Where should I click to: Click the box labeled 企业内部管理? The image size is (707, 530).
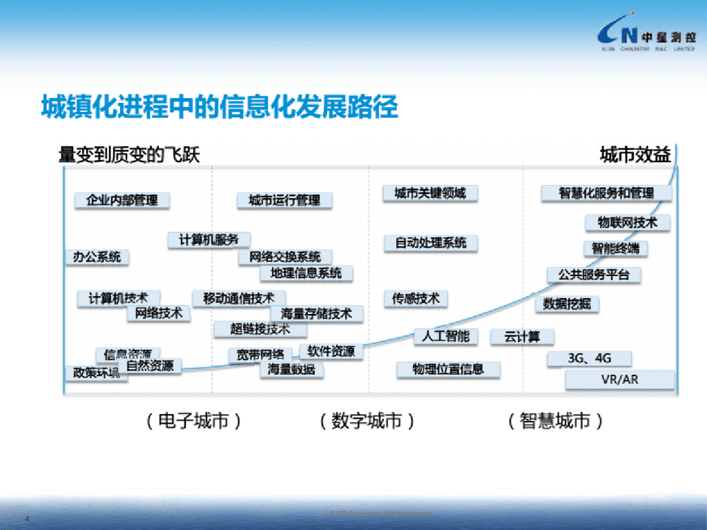point(122,200)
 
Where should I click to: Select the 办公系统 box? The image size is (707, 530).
point(97,257)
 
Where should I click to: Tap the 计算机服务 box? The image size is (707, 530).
point(209,240)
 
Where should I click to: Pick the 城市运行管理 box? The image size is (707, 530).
point(284,200)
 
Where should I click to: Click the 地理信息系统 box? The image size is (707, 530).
point(307,273)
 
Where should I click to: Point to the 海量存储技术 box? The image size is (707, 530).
point(317,314)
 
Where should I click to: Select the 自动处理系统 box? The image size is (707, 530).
point(431,243)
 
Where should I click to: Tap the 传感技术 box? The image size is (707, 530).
point(416,298)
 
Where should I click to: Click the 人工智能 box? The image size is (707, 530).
point(445,336)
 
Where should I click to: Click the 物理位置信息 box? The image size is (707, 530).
point(448,369)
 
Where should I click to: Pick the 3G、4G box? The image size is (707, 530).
point(589,359)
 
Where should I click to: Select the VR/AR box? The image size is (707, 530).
point(619,380)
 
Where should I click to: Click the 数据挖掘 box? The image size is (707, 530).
point(567,304)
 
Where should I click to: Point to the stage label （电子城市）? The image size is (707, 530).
point(193,421)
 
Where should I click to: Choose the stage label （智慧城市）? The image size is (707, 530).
point(554,421)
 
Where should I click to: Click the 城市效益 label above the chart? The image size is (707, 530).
point(635,155)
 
